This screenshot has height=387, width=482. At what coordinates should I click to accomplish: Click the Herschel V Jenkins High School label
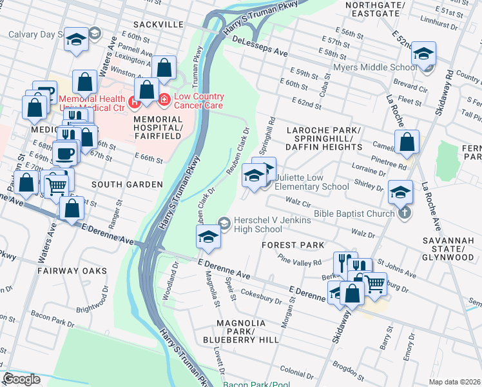point(272,224)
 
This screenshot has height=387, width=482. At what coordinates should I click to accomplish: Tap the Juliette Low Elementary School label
point(311,182)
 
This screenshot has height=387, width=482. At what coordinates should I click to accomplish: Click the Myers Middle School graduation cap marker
point(423,55)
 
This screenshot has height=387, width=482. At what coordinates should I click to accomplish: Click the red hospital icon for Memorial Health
point(134,101)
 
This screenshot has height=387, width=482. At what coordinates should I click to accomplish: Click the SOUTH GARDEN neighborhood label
point(127,184)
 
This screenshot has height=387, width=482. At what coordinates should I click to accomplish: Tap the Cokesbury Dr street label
point(261,296)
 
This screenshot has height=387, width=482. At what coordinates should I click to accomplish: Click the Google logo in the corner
point(21,379)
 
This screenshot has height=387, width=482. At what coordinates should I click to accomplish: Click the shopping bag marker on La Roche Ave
point(407,143)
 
